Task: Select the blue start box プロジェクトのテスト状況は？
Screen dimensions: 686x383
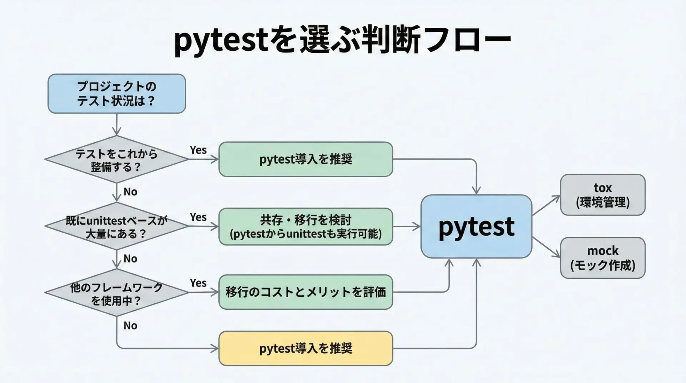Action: pos(117,94)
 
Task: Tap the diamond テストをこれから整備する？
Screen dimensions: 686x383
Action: pos(117,159)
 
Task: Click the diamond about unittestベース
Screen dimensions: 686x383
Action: pos(117,227)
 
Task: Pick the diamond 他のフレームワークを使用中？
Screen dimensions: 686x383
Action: pos(117,293)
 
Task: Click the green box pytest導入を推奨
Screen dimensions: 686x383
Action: pos(306,159)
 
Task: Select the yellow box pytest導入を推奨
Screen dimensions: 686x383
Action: pos(306,348)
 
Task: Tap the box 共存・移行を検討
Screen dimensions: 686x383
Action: pos(306,227)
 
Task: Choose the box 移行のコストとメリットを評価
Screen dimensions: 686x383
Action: pos(306,292)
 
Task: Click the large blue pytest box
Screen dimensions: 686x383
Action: pos(477,227)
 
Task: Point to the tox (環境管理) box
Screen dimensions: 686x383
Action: pos(603,195)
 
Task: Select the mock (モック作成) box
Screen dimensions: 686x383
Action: pos(603,258)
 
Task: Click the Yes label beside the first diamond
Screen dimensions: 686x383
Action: pos(198,150)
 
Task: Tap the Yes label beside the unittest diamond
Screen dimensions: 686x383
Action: pos(198,217)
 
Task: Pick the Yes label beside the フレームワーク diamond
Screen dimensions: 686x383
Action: pos(198,283)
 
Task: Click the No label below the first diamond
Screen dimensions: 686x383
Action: pos(130,192)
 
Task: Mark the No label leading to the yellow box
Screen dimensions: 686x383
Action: pos(130,326)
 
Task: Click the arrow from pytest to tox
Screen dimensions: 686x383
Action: pos(546,205)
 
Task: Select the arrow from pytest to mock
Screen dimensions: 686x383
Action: pos(546,247)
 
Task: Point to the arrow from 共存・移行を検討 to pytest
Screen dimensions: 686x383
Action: pos(407,227)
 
